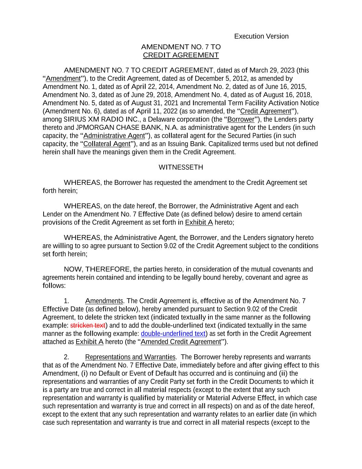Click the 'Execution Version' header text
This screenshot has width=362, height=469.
[x=261, y=36]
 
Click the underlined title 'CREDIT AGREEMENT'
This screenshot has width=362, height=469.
[x=181, y=55]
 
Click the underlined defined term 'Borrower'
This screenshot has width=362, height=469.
[x=241, y=120]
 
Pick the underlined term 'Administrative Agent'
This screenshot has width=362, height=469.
[x=114, y=136]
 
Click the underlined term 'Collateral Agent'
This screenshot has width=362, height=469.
[x=107, y=144]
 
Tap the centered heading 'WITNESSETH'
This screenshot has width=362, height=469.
[x=181, y=167]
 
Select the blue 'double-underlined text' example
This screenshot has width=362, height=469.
[x=173, y=334]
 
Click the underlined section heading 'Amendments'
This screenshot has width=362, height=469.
[x=104, y=301]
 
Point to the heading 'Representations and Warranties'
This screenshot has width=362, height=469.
[x=130, y=357]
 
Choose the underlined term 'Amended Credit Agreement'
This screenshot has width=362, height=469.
[x=181, y=342]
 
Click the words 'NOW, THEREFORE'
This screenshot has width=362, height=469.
[x=97, y=269]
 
